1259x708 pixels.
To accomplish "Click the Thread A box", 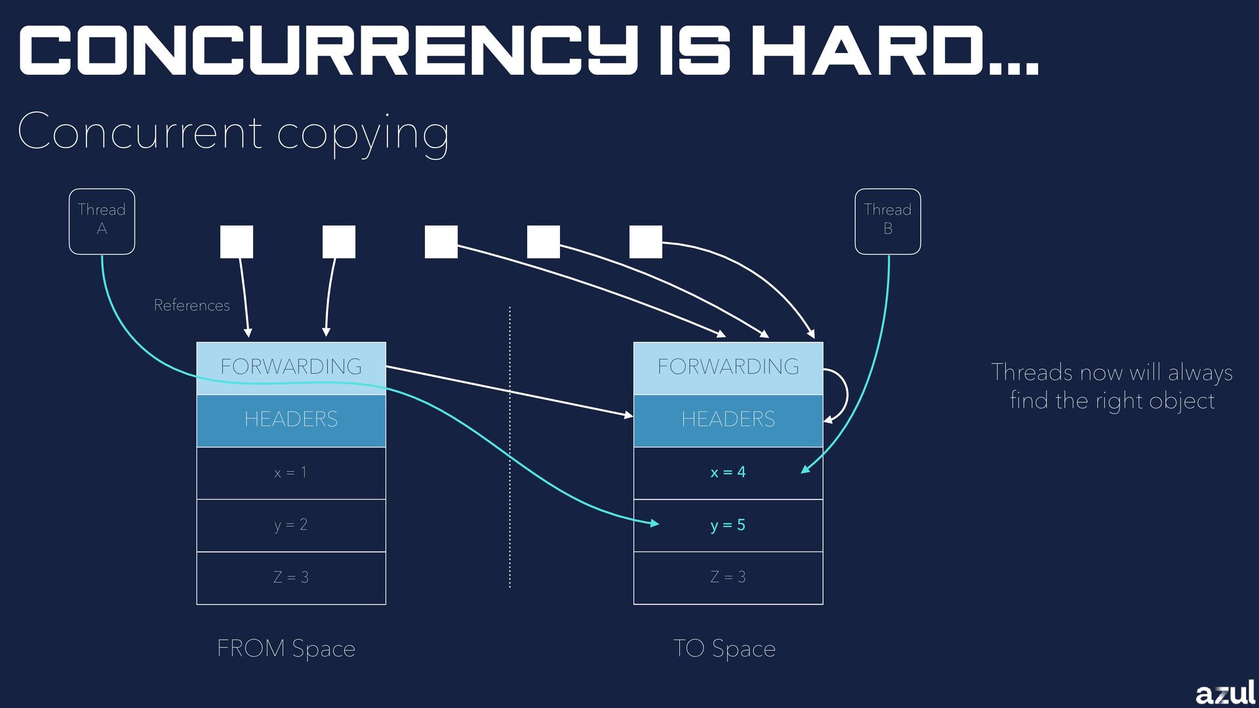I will click(x=102, y=221).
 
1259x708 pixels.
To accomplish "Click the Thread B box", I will click(x=887, y=221).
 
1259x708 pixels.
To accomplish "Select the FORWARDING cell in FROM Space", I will click(x=291, y=367).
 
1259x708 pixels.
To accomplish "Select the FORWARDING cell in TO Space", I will click(x=728, y=367).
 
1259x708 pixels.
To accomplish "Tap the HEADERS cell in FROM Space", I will click(x=291, y=420).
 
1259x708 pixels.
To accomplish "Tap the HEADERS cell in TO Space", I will click(x=728, y=420).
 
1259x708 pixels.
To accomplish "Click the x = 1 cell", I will click(x=291, y=473).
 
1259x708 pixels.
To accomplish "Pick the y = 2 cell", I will click(x=291, y=525).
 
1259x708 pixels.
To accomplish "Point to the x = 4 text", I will click(x=728, y=472).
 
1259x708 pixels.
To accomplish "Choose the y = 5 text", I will click(x=728, y=525).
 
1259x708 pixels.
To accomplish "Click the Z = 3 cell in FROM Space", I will click(x=291, y=578).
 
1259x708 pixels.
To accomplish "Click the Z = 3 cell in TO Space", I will click(x=728, y=578).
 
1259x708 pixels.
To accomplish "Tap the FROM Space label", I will click(x=286, y=648).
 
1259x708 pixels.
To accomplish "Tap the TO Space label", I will click(x=724, y=648).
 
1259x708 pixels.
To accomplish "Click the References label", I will click(x=191, y=305).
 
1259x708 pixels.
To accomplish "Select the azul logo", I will click(x=1224, y=693).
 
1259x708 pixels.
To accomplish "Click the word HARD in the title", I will click(x=872, y=51).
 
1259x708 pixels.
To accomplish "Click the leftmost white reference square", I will click(x=237, y=242).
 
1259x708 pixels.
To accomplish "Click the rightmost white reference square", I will click(x=646, y=242).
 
